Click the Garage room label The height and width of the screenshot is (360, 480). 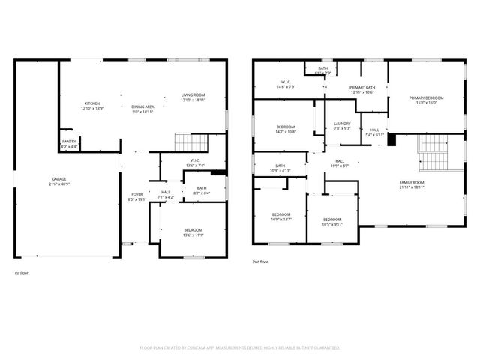click(x=58, y=181)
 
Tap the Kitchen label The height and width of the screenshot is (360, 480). click(x=92, y=106)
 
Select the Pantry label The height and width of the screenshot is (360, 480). click(x=68, y=144)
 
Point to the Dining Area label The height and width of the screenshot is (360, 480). click(x=142, y=109)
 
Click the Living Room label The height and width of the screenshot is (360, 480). click(x=193, y=97)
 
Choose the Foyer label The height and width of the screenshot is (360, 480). click(x=137, y=196)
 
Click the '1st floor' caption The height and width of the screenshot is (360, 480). click(x=22, y=272)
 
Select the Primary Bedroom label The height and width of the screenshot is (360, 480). click(x=426, y=100)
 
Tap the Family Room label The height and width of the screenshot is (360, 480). click(x=412, y=184)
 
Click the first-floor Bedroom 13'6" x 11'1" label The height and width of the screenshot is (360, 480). click(x=193, y=232)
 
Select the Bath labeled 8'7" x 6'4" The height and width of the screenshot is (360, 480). click(x=202, y=190)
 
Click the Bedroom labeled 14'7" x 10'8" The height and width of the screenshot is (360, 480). click(x=286, y=129)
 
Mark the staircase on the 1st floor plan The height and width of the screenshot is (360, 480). click(x=190, y=142)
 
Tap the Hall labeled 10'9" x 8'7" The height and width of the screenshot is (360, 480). click(x=340, y=163)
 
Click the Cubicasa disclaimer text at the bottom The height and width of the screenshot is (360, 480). click(x=240, y=348)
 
